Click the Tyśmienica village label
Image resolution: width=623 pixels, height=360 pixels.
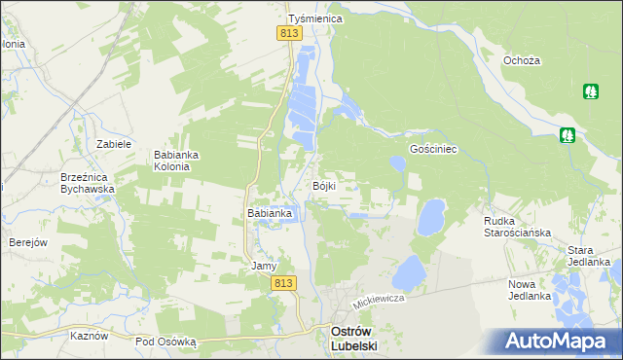[311, 18]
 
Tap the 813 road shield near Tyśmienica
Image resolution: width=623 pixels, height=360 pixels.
[288, 34]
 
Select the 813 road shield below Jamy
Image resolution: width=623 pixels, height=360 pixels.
[282, 282]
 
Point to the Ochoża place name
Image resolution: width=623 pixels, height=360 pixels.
[521, 60]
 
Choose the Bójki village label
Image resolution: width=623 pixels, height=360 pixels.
[324, 186]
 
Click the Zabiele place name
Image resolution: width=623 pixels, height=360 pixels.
[114, 144]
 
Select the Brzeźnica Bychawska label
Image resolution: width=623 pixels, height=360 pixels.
[88, 183]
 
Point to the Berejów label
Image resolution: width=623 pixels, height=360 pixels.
[28, 242]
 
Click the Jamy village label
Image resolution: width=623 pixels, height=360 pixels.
[265, 266]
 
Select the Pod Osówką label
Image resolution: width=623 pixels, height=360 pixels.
[166, 342]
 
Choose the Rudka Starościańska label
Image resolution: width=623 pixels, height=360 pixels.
[518, 227]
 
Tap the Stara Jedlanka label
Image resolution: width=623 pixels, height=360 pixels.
[588, 256]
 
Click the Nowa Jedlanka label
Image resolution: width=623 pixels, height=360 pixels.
[530, 290]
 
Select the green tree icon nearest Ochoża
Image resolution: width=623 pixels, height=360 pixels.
[590, 92]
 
